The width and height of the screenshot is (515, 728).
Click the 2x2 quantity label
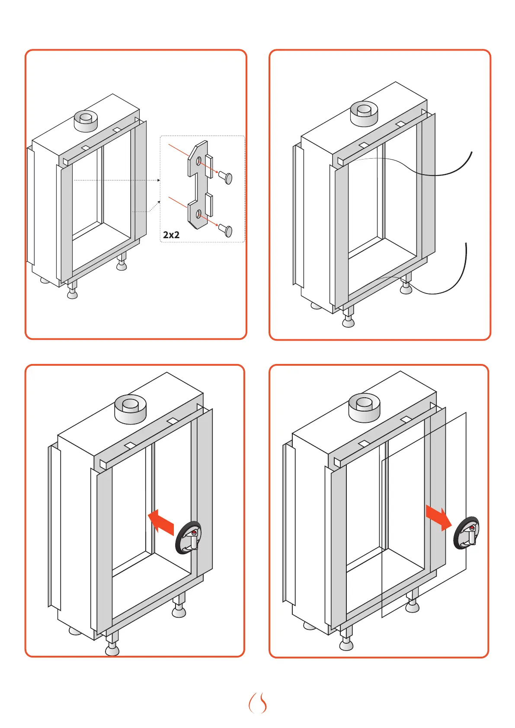pos(171,235)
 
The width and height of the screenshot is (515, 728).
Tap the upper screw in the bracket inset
pos(226,176)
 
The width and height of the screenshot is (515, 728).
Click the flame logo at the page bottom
pos(258,703)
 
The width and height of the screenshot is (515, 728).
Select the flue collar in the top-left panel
pos(86,121)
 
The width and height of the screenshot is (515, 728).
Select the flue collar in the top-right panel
pos(364,113)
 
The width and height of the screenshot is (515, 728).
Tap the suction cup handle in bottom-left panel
pos(189,538)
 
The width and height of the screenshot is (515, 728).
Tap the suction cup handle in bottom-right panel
pos(467,533)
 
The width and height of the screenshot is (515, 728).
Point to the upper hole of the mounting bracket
pos(198,162)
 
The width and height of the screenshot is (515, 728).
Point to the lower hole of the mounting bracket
pos(198,214)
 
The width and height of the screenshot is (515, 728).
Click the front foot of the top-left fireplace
pos(72,292)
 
